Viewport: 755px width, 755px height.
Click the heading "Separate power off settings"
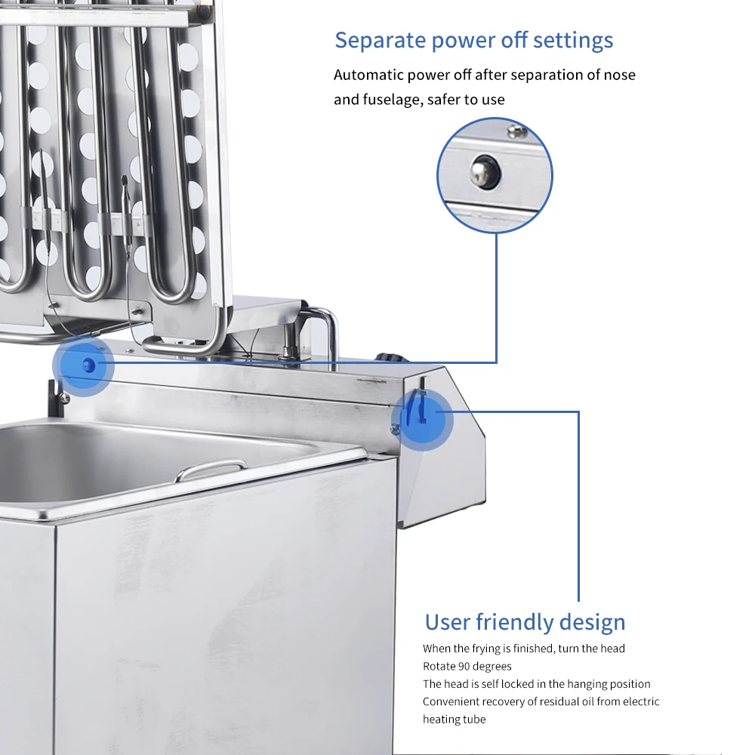[x=474, y=41]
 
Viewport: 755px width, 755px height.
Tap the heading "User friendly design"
[x=525, y=622]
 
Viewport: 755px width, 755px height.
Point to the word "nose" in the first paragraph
[x=619, y=75]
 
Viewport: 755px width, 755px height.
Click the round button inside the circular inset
[x=485, y=172]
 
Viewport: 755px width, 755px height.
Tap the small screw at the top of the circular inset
[x=516, y=130]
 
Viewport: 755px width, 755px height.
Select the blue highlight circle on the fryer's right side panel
[x=422, y=420]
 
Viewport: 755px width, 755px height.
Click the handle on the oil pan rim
[x=211, y=470]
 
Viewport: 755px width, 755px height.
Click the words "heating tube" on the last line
[x=454, y=720]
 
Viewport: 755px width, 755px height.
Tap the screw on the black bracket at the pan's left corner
[x=64, y=398]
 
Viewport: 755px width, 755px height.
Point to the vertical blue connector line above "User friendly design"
[x=578, y=507]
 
